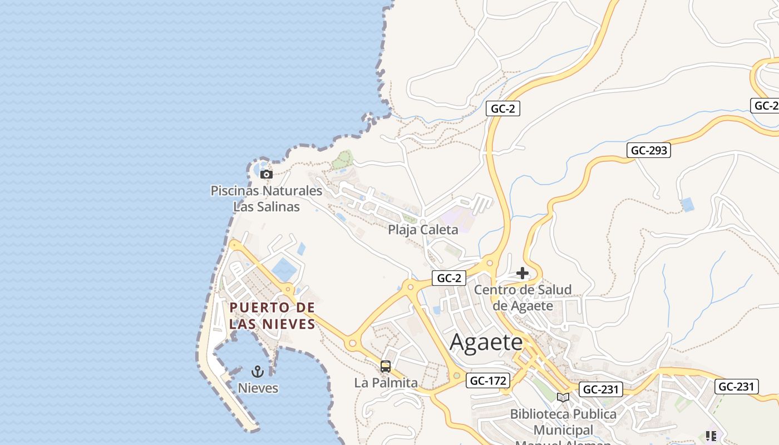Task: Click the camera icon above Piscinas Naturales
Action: (x=267, y=174)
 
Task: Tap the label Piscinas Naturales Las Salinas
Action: (x=267, y=199)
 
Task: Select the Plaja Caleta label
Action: (x=423, y=229)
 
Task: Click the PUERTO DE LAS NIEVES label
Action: (x=272, y=315)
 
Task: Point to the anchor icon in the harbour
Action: (x=258, y=371)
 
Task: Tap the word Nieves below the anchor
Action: (x=258, y=388)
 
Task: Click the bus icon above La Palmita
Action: (x=385, y=367)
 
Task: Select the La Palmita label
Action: (x=386, y=383)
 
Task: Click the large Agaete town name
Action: (x=486, y=342)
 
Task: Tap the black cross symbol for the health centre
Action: (x=522, y=273)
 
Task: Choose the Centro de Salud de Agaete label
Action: (x=522, y=298)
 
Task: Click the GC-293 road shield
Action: (x=649, y=150)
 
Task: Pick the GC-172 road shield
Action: (x=488, y=380)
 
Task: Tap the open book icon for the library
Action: (x=563, y=397)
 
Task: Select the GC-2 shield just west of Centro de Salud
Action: (x=448, y=278)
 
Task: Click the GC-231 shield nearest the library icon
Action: (x=600, y=389)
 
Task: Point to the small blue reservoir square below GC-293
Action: (x=688, y=204)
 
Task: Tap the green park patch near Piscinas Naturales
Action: (x=343, y=160)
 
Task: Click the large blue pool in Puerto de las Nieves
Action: (x=284, y=269)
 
